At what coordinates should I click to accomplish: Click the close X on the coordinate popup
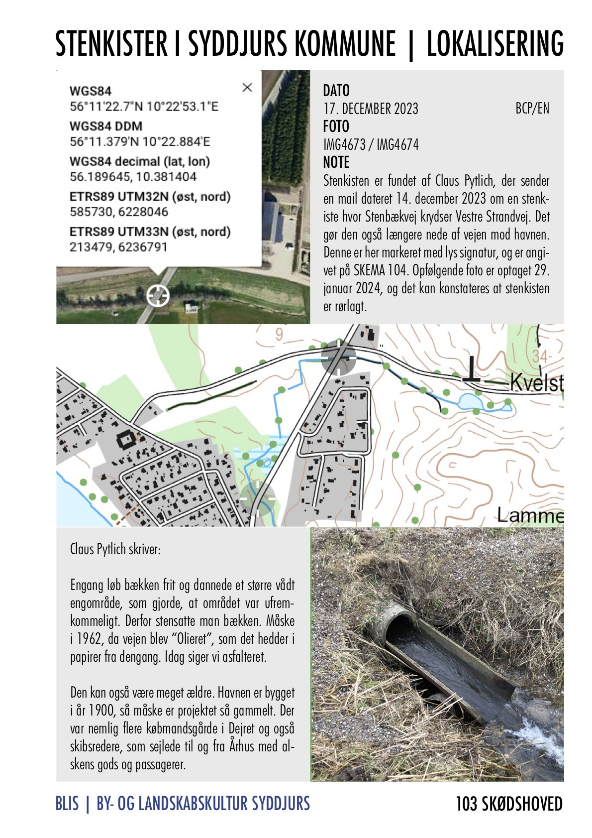247,88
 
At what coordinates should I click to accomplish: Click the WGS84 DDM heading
106,126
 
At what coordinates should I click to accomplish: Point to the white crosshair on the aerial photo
158,296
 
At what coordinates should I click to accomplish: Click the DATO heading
336,91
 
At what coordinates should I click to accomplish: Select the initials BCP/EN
532,109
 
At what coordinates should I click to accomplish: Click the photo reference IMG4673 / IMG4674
371,145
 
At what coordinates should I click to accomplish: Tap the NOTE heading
336,162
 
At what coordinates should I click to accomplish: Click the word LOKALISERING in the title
495,44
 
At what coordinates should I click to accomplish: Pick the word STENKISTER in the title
111,44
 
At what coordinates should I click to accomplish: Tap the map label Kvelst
537,383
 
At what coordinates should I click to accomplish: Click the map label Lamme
530,515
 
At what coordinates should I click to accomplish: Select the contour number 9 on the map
279,335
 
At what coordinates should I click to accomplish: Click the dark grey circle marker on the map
339,357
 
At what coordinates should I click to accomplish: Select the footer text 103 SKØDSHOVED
509,804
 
